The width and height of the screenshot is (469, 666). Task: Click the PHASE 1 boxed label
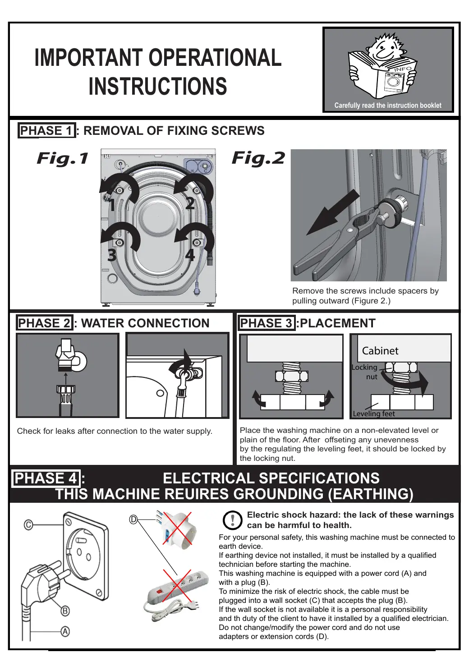[x=46, y=131]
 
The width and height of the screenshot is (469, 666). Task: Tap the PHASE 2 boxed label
[x=45, y=323]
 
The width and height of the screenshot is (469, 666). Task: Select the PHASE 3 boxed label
[x=267, y=323]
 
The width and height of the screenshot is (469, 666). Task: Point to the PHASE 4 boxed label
[x=46, y=478]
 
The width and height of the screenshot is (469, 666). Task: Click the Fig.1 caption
[x=62, y=158]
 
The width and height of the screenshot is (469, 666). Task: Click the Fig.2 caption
[x=258, y=158]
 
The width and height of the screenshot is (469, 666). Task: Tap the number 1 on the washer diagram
[x=112, y=205]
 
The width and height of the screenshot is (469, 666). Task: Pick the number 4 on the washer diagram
[x=190, y=255]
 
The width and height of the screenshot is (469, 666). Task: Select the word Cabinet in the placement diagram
[x=380, y=351]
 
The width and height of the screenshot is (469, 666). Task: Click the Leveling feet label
[x=373, y=413]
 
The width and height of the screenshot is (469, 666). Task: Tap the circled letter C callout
[x=28, y=525]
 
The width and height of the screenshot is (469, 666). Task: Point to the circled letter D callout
[x=133, y=519]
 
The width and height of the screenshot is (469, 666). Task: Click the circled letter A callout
[x=65, y=632]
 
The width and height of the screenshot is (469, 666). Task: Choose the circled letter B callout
[x=65, y=611]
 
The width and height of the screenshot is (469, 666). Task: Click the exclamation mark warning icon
[x=233, y=520]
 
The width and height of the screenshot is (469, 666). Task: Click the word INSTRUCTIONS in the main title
[x=158, y=87]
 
